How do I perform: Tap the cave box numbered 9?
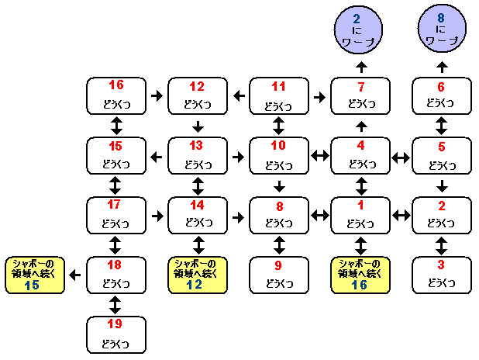click(x=278, y=274)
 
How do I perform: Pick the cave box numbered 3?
click(x=441, y=274)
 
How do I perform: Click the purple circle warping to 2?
click(x=360, y=30)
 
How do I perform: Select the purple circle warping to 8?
click(x=441, y=30)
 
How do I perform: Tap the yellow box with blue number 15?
click(x=34, y=275)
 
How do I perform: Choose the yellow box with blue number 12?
click(x=198, y=275)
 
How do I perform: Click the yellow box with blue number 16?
click(x=360, y=275)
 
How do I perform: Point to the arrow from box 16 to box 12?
click(x=157, y=96)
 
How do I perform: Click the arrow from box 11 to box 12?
click(x=239, y=96)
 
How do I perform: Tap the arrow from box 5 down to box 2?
click(x=441, y=185)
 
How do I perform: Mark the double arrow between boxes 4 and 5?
click(x=401, y=157)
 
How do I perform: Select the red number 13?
click(x=198, y=145)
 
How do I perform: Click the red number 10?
click(x=278, y=145)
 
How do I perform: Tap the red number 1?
click(x=360, y=206)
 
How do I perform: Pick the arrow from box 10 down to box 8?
click(x=278, y=185)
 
